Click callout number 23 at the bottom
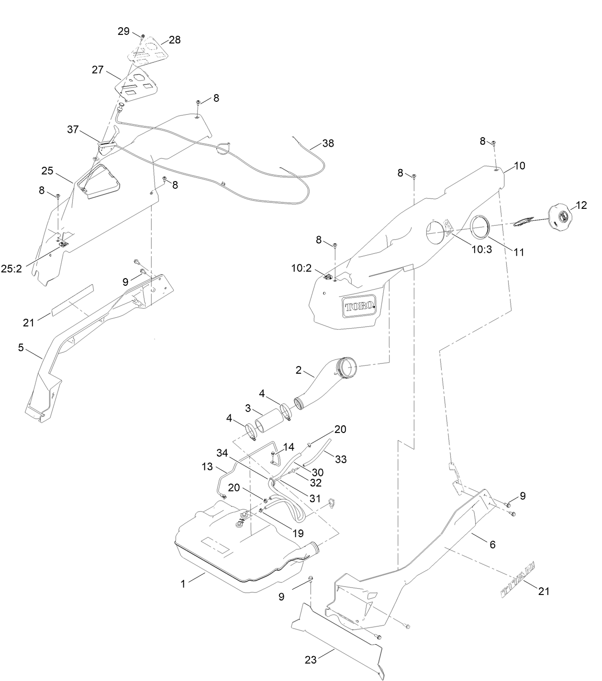[311, 660]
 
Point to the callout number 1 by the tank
[183, 584]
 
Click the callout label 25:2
[11, 269]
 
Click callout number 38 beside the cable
[328, 143]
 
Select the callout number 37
[73, 130]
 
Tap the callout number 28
[175, 40]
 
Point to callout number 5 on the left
[21, 347]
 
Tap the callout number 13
[207, 466]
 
